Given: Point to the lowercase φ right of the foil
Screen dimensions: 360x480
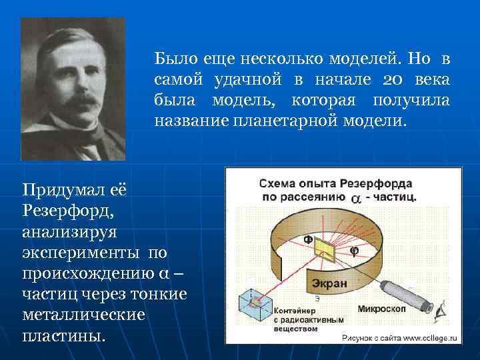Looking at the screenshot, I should [x=354, y=251].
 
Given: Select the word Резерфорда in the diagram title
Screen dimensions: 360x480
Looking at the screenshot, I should [x=376, y=183].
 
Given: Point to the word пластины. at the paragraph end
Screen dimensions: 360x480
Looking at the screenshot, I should [x=64, y=335].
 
